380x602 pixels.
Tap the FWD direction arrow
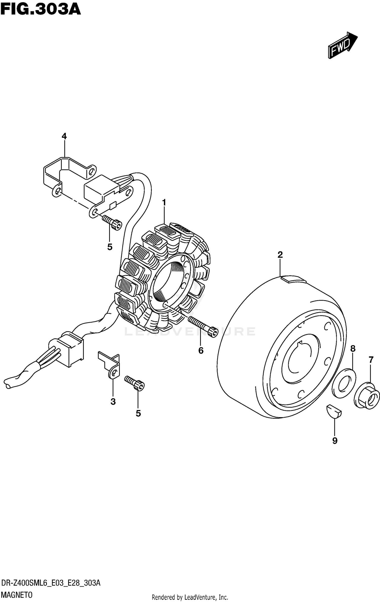[342, 46]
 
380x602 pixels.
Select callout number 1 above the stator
[164, 203]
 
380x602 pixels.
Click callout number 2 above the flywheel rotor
[280, 255]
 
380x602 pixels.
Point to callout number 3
[113, 401]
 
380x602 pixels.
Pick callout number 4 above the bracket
[64, 137]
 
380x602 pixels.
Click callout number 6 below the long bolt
[201, 351]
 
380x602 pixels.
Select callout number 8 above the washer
[353, 349]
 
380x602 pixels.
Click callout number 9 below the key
[335, 441]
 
